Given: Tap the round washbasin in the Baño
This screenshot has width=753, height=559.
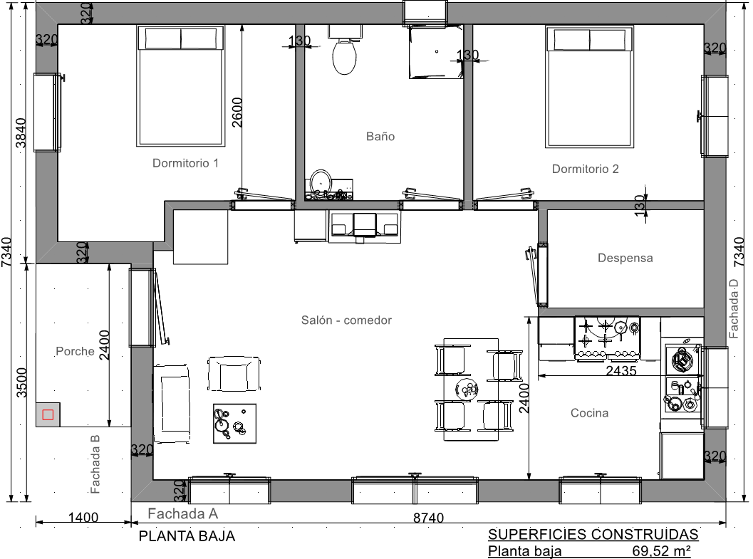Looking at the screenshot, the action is (x=321, y=181).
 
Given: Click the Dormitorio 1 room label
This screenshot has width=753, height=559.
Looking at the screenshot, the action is (x=185, y=163).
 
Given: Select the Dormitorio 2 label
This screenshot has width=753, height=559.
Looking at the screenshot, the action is (x=585, y=169).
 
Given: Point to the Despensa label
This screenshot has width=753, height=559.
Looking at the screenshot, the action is (x=625, y=258).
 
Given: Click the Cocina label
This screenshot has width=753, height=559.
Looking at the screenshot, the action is (x=589, y=413).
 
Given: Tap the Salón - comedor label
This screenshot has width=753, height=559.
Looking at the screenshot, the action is (x=346, y=320).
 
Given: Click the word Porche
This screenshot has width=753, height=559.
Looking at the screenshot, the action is (x=75, y=351).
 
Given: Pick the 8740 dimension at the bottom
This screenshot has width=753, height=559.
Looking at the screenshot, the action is (x=428, y=518).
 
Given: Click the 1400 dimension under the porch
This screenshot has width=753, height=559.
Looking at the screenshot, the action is (x=83, y=517).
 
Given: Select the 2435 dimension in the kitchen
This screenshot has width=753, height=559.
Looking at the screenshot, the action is (x=621, y=371).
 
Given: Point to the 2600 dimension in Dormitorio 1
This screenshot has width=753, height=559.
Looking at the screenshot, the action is (x=237, y=113).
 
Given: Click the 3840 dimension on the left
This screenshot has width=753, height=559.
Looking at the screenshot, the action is (x=21, y=133).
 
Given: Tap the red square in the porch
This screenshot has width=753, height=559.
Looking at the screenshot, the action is (x=48, y=414).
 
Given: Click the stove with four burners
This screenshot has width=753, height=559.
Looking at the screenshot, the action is (x=607, y=338).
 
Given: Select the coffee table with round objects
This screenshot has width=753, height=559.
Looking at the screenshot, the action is (x=234, y=423).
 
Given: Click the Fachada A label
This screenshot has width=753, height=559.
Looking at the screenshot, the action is (x=183, y=514).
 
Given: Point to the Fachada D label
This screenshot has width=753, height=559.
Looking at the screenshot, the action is (x=733, y=309).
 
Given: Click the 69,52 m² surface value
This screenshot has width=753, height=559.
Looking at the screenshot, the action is (x=662, y=551).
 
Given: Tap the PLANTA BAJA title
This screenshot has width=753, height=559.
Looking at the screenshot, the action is (x=187, y=536).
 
